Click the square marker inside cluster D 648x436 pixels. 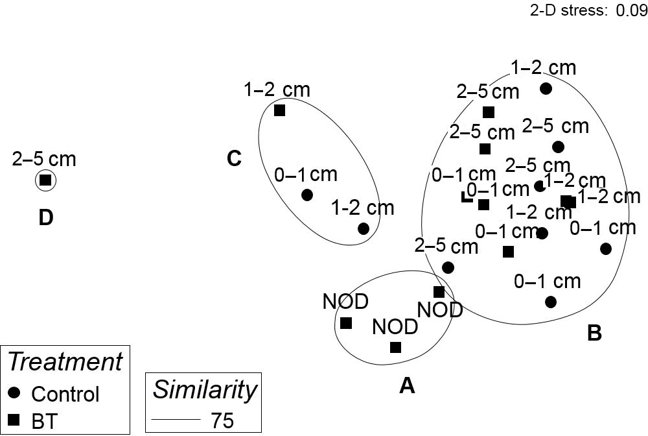[45, 181]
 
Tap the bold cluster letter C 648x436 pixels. [234, 158]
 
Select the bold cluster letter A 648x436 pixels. [406, 386]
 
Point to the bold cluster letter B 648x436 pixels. [594, 333]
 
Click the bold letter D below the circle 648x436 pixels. [45, 218]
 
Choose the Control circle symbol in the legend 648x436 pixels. [14, 393]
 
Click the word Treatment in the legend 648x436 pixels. [65, 361]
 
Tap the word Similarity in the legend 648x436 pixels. [204, 389]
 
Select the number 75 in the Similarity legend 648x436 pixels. [222, 420]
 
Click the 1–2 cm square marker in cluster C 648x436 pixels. [280, 110]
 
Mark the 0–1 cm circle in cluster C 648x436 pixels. [307, 195]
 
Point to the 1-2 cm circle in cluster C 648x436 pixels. [363, 228]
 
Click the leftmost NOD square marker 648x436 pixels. [346, 322]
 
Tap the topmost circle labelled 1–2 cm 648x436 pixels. [546, 88]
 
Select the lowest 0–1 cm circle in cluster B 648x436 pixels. [551, 302]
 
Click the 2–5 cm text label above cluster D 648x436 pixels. [44, 159]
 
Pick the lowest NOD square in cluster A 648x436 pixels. [396, 347]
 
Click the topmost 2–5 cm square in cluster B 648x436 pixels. [489, 112]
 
